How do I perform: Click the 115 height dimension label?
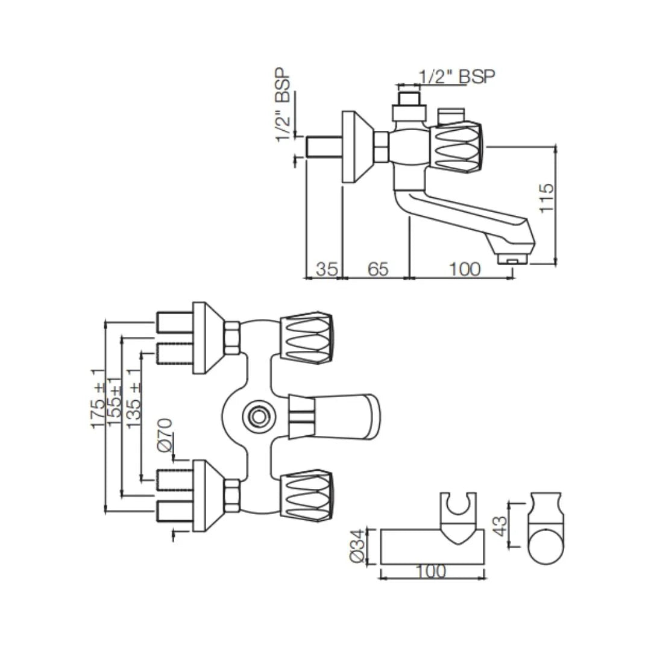[546, 197]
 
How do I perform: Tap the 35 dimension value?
[326, 269]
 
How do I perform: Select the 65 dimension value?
[377, 269]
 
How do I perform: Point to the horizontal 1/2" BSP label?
[456, 77]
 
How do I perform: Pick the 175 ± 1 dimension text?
[98, 399]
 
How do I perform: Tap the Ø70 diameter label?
[165, 435]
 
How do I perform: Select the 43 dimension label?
[498, 524]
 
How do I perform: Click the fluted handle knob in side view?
[456, 147]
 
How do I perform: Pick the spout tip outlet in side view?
[512, 260]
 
